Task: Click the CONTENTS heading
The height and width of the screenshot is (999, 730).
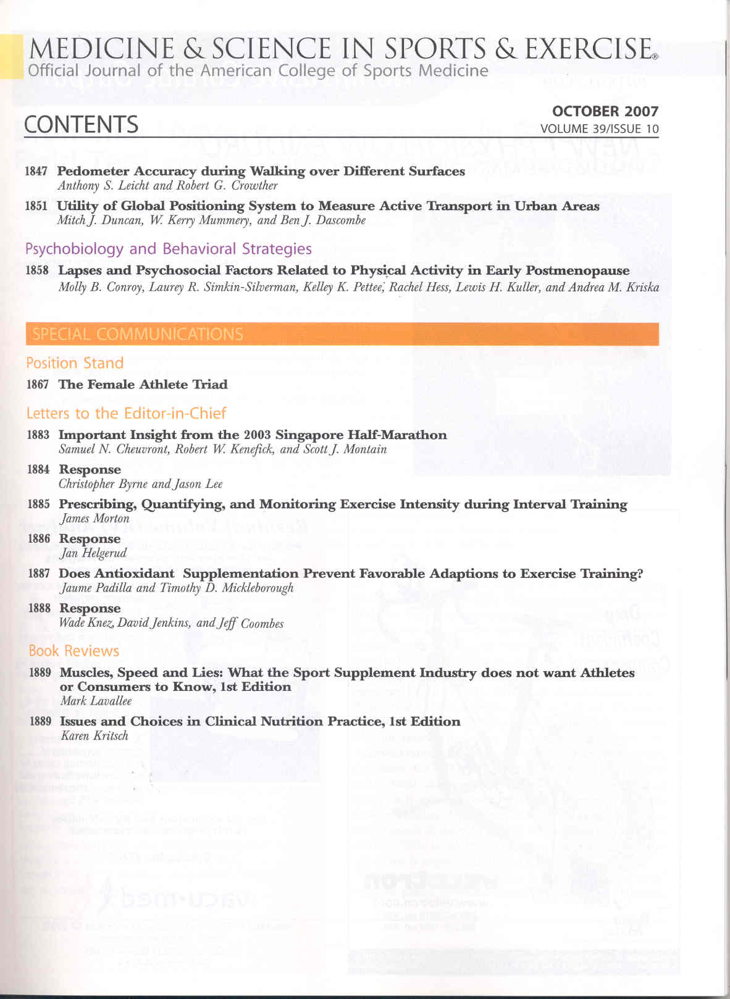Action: click(x=81, y=125)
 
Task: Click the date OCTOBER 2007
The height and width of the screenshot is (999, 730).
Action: click(x=605, y=111)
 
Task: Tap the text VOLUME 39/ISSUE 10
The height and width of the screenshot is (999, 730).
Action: click(x=599, y=129)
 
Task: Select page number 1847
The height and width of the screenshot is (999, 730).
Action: click(x=36, y=171)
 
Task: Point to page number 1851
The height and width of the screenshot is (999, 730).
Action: click(x=36, y=206)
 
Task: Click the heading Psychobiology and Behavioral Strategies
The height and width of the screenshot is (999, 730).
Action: click(x=168, y=249)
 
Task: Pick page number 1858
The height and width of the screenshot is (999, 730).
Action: click(x=37, y=270)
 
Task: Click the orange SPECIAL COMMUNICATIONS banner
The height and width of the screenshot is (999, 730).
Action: click(x=342, y=334)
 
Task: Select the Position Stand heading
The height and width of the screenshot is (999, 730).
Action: click(x=75, y=363)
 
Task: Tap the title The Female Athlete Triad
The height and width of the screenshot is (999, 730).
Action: click(x=143, y=385)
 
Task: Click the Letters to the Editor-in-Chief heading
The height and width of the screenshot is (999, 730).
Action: click(x=126, y=413)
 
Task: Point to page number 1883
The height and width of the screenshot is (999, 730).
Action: click(x=38, y=435)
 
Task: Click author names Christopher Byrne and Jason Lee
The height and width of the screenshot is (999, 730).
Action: click(x=140, y=484)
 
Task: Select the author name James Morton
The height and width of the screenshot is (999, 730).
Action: click(x=94, y=519)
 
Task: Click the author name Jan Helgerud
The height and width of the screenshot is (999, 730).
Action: click(x=93, y=553)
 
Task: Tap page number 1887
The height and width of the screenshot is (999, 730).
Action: click(x=40, y=574)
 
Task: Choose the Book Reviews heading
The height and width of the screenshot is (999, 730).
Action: click(x=73, y=651)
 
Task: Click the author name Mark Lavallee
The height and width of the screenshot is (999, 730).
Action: click(x=96, y=701)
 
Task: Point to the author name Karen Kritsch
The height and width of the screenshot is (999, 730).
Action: click(x=94, y=735)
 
